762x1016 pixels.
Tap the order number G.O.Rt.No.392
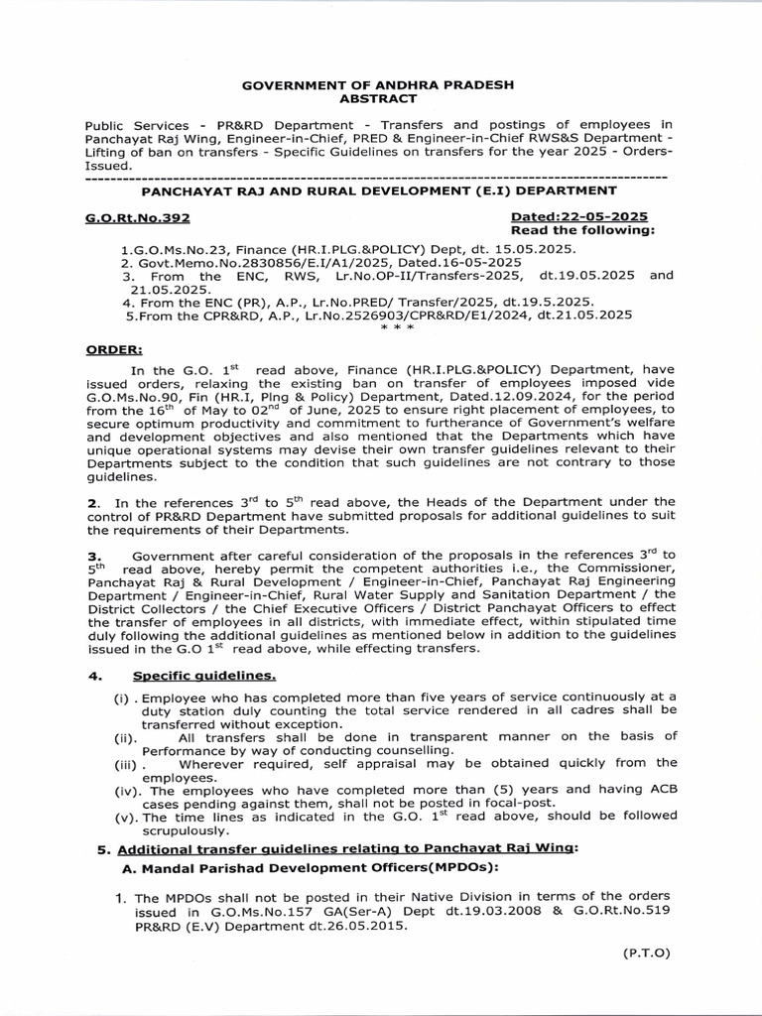pos(138,215)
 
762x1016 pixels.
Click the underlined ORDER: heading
pos(114,349)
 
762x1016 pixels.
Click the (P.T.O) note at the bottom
pos(647,952)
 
